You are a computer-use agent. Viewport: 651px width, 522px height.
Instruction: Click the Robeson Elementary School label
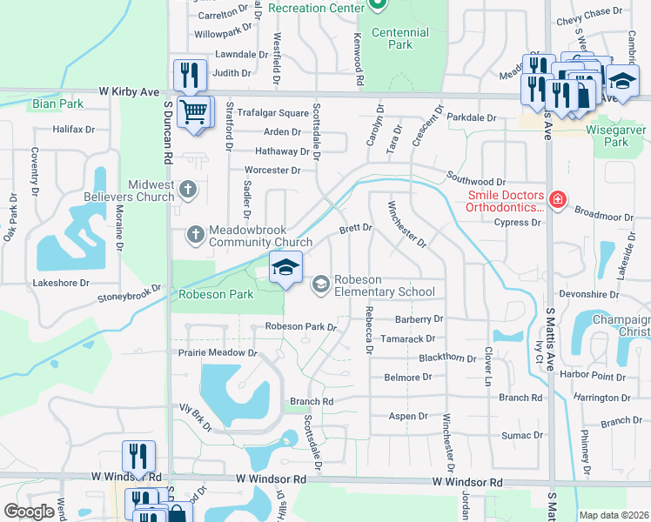pos(385,286)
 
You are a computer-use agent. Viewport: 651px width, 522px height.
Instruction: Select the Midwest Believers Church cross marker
pos(188,189)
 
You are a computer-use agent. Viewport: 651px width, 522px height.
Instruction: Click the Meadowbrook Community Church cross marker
pos(195,233)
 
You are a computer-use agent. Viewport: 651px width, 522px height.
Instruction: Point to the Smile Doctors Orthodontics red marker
pos(557,202)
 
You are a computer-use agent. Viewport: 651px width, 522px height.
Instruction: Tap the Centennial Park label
pos(400,38)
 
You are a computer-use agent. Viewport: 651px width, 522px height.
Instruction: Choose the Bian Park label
pos(57,104)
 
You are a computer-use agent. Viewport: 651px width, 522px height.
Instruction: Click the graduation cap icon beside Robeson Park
pos(285,267)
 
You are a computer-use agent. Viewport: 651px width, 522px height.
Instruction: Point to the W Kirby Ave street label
pos(129,90)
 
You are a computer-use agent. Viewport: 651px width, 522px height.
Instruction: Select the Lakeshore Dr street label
pos(61,284)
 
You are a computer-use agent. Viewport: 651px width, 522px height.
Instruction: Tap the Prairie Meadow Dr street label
pos(218,353)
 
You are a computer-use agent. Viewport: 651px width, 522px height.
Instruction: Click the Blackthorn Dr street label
pos(447,358)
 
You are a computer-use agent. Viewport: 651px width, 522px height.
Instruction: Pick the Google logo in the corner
pos(29,512)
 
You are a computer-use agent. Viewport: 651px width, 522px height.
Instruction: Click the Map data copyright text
pos(614,515)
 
